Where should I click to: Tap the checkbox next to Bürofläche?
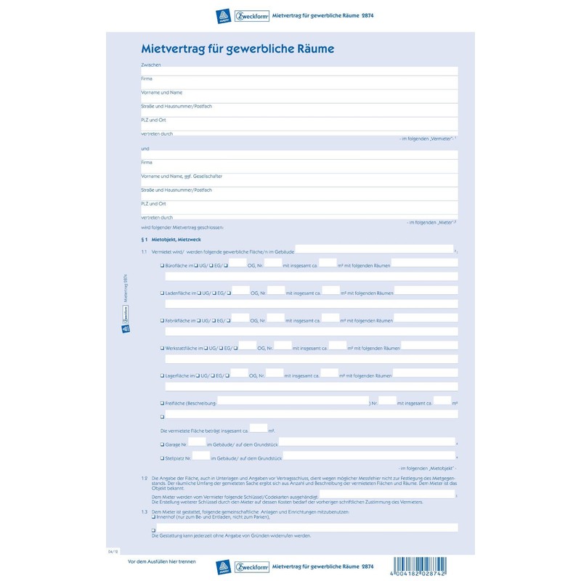(x=162, y=266)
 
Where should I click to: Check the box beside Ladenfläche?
(x=162, y=293)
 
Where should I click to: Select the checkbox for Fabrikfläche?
(x=162, y=320)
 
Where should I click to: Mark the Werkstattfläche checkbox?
(x=162, y=349)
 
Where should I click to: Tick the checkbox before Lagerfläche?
(x=162, y=375)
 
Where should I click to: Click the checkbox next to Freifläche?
(x=162, y=403)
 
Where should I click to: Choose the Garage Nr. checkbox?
(x=162, y=443)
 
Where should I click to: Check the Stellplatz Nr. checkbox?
(x=162, y=458)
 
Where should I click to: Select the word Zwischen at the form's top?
(x=150, y=65)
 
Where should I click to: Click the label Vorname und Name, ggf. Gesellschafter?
(x=182, y=176)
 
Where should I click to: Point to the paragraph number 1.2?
(x=145, y=477)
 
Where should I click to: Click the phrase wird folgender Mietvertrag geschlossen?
(x=182, y=227)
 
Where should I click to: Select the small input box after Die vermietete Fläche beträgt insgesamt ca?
(x=259, y=428)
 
